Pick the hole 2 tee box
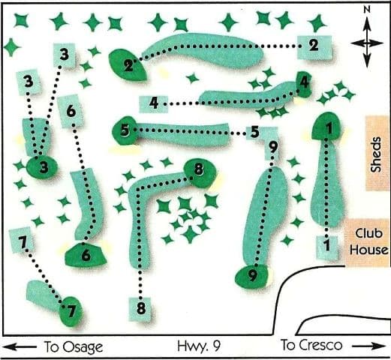pyautogui.click(x=313, y=46)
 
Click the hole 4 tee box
pyautogui.click(x=152, y=103)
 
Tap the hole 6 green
pyautogui.click(x=85, y=255)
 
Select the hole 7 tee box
pyautogui.click(x=22, y=242)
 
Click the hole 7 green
pyautogui.click(x=71, y=310)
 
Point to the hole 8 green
pyautogui.click(x=199, y=171)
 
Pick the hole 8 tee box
pyautogui.click(x=140, y=308)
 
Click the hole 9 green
pyautogui.click(x=253, y=275)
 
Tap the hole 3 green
pyautogui.click(x=43, y=166)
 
